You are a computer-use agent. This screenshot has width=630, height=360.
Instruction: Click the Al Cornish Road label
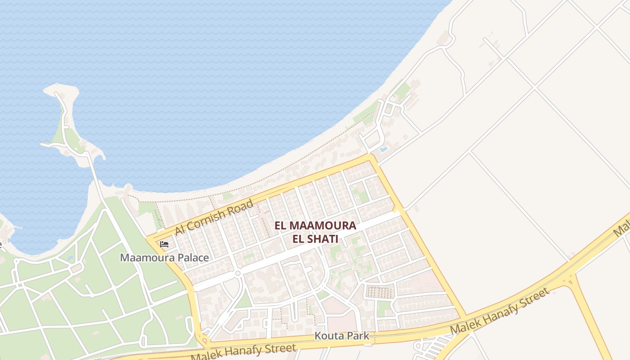(214, 217)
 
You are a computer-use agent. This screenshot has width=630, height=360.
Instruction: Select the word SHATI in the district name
(322, 239)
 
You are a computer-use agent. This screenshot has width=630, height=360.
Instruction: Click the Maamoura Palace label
(164, 258)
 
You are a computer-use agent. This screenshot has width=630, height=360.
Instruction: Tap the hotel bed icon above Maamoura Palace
(164, 244)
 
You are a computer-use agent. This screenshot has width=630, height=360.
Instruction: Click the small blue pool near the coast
(383, 149)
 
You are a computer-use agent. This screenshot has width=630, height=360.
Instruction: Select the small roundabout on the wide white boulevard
(238, 273)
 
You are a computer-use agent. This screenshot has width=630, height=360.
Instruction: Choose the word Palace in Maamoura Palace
(193, 258)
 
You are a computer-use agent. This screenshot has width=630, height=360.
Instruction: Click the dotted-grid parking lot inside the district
(380, 292)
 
